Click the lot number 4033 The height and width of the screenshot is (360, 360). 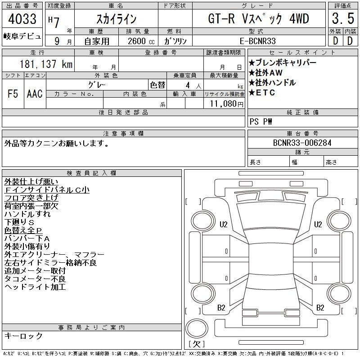point(22,19)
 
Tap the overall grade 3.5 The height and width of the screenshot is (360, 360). point(343,18)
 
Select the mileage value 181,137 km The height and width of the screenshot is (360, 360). point(46,64)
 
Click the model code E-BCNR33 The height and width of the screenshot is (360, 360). point(257,41)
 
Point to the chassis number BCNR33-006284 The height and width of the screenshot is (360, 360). point(302,143)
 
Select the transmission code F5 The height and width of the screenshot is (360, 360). point(13,94)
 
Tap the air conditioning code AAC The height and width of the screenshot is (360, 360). point(35,94)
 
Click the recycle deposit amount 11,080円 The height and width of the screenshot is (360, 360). point(226,104)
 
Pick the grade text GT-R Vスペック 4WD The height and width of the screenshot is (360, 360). point(258,19)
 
